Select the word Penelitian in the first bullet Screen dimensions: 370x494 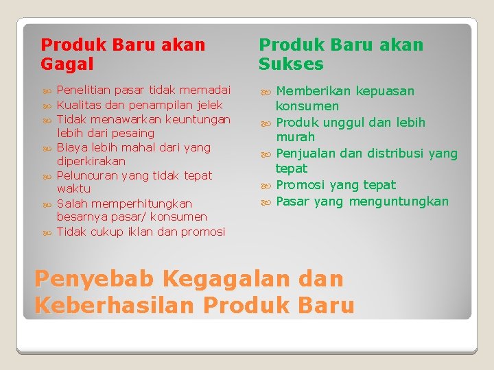(x=84, y=90)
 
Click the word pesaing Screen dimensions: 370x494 (x=132, y=133)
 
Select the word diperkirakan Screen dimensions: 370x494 (x=91, y=161)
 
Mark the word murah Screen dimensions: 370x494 (x=295, y=137)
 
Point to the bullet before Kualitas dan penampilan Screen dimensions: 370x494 (x=47, y=106)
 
